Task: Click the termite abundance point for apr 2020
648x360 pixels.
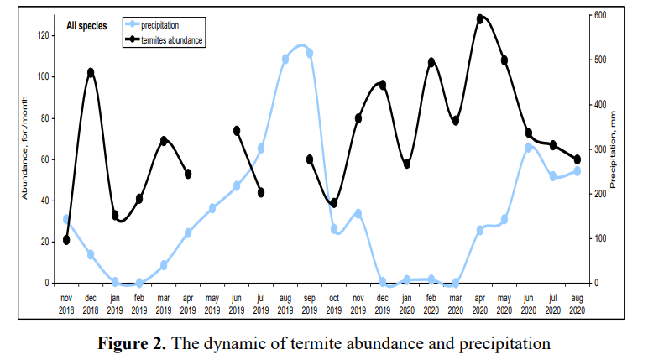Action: (480, 18)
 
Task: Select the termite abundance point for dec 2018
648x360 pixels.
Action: (91, 72)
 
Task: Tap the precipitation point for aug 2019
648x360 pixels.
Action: (285, 59)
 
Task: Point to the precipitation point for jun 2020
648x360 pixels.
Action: (529, 147)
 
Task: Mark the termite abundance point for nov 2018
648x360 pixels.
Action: (66, 240)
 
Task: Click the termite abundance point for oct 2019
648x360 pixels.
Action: (334, 203)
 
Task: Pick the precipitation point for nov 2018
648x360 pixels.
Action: (66, 219)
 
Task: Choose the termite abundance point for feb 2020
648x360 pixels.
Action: (431, 62)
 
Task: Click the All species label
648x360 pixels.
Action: (86, 26)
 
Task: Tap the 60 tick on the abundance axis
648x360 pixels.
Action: (48, 159)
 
